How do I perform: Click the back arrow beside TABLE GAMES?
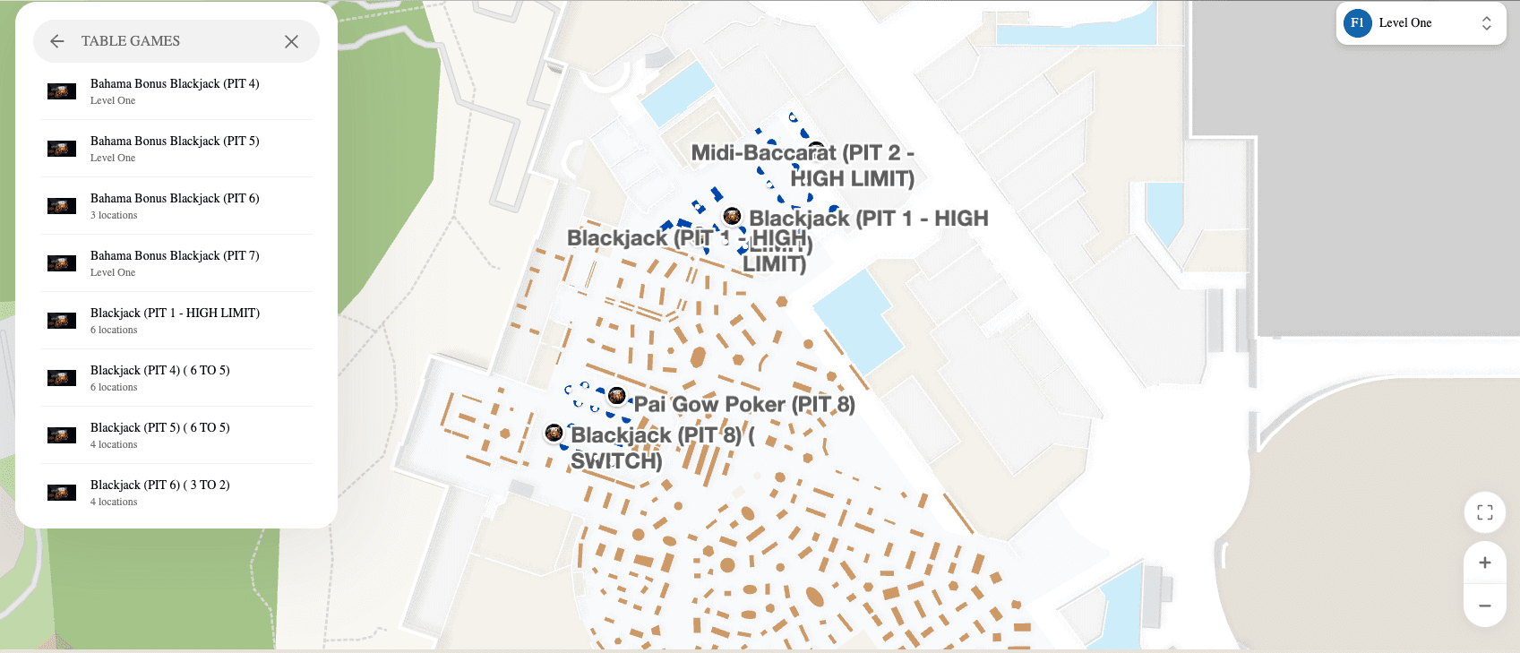[57, 41]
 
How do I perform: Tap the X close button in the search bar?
[291, 41]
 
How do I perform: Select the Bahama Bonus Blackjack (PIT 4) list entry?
[175, 90]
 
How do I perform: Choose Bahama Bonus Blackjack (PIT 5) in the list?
[175, 148]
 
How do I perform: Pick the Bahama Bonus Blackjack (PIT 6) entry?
[175, 205]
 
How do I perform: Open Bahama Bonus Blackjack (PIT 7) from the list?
[175, 262]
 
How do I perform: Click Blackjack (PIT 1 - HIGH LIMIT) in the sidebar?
[175, 320]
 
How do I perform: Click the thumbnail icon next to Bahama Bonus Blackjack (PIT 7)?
[62, 263]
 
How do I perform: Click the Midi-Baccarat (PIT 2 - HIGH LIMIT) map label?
[803, 166]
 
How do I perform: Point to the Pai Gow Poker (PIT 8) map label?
[744, 405]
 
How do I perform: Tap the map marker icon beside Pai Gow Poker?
[616, 395]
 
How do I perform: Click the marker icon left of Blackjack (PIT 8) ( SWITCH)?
[554, 434]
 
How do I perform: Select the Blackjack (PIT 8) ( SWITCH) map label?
[661, 448]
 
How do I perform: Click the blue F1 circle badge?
[1357, 23]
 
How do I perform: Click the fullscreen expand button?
[1484, 512]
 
